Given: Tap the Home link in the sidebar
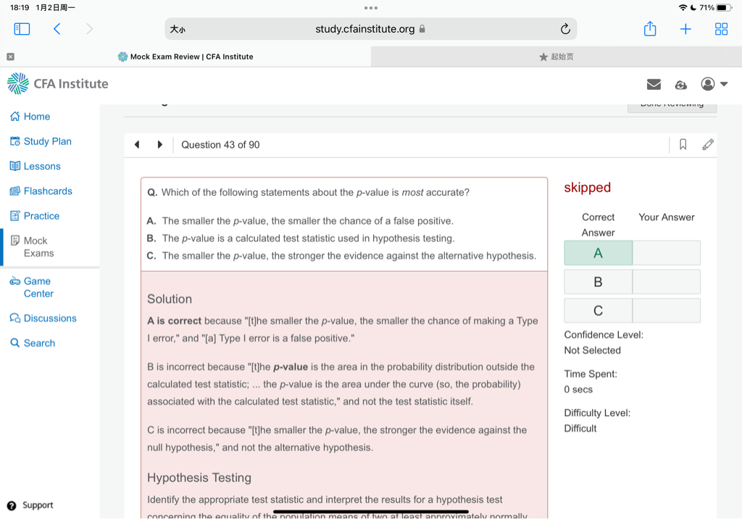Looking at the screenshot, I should coord(36,117).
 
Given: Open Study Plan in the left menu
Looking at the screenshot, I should coord(47,141).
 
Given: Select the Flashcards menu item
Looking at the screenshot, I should coord(48,191).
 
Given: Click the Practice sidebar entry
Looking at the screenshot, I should coord(41,216).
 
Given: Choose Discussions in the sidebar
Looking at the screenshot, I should coord(49,318).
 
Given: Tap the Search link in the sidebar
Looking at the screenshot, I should coord(39,343).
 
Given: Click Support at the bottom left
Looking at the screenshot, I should coord(37,505).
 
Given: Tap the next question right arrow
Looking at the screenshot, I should coord(160,145).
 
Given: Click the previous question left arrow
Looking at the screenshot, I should coord(137,145).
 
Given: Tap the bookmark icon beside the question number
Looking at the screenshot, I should coord(683,145).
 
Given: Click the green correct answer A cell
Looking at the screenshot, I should coord(598,253).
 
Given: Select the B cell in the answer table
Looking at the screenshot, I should coord(598,282).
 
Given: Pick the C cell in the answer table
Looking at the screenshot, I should coord(598,311).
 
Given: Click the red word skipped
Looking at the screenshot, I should coord(587,188).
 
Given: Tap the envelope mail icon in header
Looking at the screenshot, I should coord(654,85).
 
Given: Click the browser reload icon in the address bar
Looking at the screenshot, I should coord(565,29).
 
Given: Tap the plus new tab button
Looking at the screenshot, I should coord(685,29).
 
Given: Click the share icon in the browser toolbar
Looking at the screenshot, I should coord(650,29).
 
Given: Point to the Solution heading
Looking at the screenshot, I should coord(170,299).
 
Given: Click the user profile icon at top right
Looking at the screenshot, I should coord(708,85).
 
